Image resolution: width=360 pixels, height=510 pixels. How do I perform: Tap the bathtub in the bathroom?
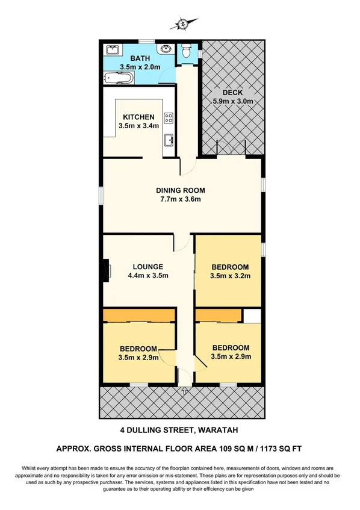(x=120, y=77)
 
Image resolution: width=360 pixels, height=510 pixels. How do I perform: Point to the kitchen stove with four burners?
(x=169, y=119)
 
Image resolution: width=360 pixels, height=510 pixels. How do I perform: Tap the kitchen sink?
(x=169, y=141)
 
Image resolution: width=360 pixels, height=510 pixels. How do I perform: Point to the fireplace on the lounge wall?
(x=107, y=269)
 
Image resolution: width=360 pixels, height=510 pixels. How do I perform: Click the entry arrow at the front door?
(x=184, y=391)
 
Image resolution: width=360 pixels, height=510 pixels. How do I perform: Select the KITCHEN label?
(x=139, y=117)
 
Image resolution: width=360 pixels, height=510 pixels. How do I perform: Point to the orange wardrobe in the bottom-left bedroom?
(x=138, y=316)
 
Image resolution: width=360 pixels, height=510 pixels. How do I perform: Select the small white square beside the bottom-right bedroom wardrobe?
(x=252, y=316)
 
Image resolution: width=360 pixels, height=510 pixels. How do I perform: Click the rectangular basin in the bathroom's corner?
(x=113, y=49)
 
